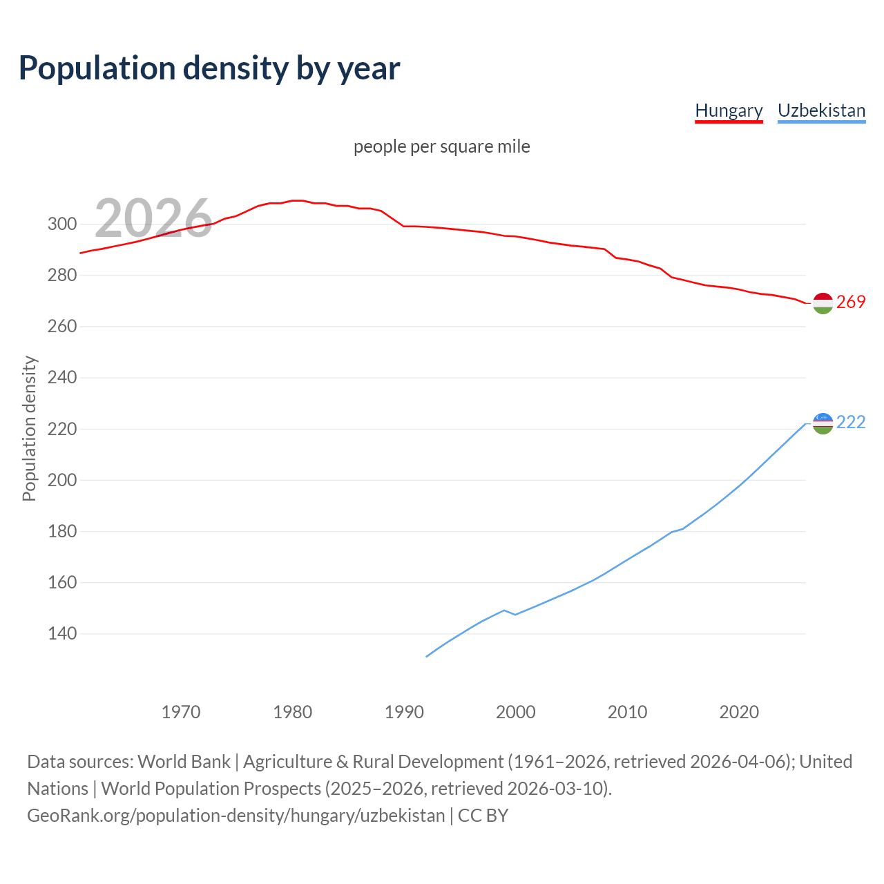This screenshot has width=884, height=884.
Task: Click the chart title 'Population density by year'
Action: coord(209,68)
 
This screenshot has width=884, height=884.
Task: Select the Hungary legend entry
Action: coord(729,110)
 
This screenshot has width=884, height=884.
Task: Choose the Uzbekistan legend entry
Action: coord(821,110)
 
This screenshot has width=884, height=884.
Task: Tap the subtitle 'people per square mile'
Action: coord(442,147)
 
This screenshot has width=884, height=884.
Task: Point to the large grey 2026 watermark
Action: coord(153,218)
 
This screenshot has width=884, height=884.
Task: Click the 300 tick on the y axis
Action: coord(61,224)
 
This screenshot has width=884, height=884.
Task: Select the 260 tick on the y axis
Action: coord(61,326)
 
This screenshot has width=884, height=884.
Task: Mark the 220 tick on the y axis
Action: coord(61,429)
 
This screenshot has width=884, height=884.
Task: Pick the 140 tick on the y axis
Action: coord(61,633)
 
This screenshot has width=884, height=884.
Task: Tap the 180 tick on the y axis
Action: coord(61,531)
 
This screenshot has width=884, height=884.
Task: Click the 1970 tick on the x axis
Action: coord(181,712)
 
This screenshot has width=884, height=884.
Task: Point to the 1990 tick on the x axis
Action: coord(404,712)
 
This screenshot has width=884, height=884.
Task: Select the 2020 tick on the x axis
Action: coord(739,712)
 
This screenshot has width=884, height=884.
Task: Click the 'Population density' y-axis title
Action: coord(29,428)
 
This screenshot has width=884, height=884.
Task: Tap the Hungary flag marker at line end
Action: coord(823,303)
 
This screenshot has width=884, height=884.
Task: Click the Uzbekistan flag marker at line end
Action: coord(823,423)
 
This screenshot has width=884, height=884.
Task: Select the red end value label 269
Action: coord(851,302)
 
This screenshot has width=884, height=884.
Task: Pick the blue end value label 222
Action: coord(851,423)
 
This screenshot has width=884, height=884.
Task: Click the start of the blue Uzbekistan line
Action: coord(427,656)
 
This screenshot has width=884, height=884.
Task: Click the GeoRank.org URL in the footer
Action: coord(236,816)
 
